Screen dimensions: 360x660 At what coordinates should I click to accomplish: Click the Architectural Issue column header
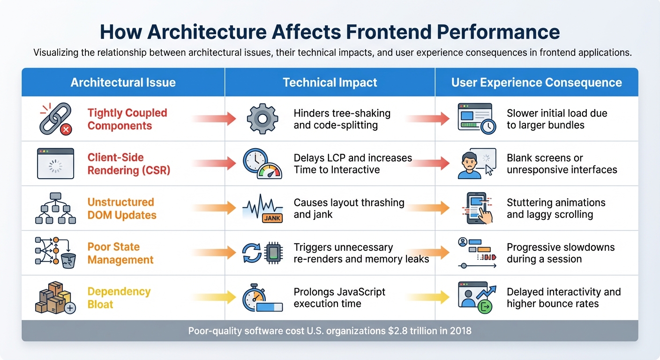click(x=123, y=83)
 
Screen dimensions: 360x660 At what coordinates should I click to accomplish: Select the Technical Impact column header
click(x=330, y=83)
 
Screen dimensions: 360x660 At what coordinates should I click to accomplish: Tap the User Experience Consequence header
click(x=536, y=83)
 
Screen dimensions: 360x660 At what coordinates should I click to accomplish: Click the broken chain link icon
click(x=55, y=119)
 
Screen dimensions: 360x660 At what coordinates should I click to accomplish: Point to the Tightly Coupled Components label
click(x=127, y=119)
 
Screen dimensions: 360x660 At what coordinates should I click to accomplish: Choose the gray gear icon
click(x=262, y=119)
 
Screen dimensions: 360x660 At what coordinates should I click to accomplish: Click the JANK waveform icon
click(x=262, y=209)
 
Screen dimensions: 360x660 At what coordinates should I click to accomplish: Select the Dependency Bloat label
click(x=119, y=298)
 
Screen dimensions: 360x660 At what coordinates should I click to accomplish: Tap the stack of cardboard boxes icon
click(x=55, y=298)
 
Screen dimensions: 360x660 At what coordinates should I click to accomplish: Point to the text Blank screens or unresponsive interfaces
click(x=562, y=164)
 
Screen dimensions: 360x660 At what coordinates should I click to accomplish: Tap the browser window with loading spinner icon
click(x=55, y=164)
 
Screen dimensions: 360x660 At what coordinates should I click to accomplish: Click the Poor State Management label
click(x=120, y=253)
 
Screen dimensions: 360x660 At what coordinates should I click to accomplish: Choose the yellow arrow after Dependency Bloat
click(x=214, y=297)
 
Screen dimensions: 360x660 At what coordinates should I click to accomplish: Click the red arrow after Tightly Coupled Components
click(x=214, y=119)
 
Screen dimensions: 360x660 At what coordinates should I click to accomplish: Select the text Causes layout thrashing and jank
click(x=349, y=209)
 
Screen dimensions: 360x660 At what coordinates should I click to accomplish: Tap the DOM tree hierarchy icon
click(x=55, y=208)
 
